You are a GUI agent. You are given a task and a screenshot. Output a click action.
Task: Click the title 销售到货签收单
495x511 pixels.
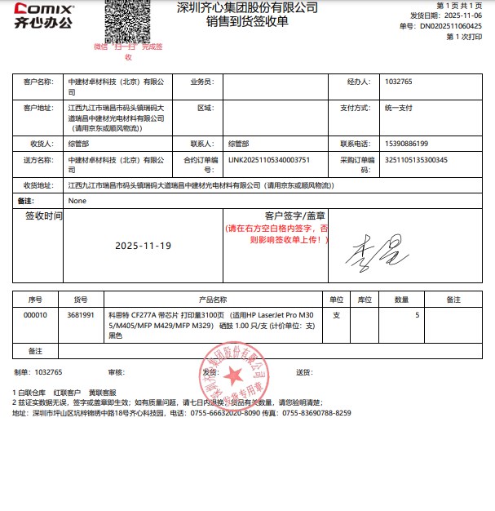(x=247, y=22)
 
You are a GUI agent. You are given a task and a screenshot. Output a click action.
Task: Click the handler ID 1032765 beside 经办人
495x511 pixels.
(x=400, y=82)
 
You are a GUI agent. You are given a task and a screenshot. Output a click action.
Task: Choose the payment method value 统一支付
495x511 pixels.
(x=400, y=108)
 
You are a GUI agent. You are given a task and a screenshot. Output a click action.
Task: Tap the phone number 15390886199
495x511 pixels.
(x=405, y=144)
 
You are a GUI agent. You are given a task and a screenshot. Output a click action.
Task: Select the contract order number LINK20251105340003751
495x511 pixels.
(x=269, y=160)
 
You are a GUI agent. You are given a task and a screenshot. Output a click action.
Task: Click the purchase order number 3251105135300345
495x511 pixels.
(x=416, y=160)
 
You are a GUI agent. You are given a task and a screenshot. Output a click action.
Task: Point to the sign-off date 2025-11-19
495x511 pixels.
(x=144, y=246)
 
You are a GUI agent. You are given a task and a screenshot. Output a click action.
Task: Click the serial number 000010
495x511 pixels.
(x=36, y=314)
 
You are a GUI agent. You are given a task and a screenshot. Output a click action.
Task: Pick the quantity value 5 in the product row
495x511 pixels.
(x=418, y=314)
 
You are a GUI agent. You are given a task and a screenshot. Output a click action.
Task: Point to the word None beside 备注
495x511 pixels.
(x=77, y=200)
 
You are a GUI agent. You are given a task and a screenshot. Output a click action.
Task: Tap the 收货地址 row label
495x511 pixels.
(x=38, y=186)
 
